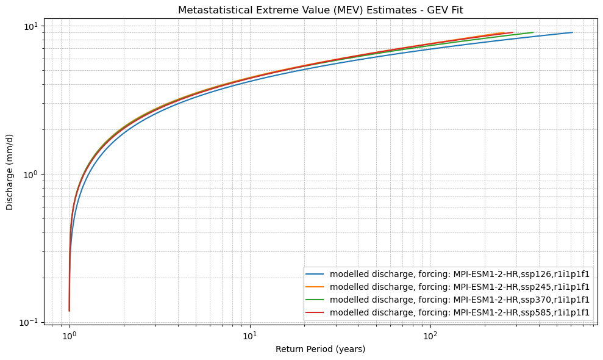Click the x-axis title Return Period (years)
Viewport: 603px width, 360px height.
pos(321,349)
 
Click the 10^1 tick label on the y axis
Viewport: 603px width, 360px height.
pos(30,26)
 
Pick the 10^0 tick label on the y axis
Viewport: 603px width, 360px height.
pos(30,175)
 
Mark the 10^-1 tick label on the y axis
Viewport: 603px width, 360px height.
pos(29,322)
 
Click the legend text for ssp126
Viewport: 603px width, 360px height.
pos(460,274)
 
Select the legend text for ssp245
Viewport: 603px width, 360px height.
pos(460,287)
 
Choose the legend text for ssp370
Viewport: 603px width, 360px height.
pos(460,300)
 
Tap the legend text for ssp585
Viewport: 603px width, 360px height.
pos(460,312)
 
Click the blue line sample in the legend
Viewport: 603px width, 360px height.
pos(316,274)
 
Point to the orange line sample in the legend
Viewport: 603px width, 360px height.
pos(316,287)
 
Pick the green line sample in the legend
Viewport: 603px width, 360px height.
pos(316,300)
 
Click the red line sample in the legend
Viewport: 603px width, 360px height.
pos(316,312)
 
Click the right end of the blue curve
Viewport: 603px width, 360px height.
pos(572,32)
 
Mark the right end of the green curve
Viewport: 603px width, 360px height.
pos(533,32)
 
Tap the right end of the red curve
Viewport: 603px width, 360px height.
pos(512,32)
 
